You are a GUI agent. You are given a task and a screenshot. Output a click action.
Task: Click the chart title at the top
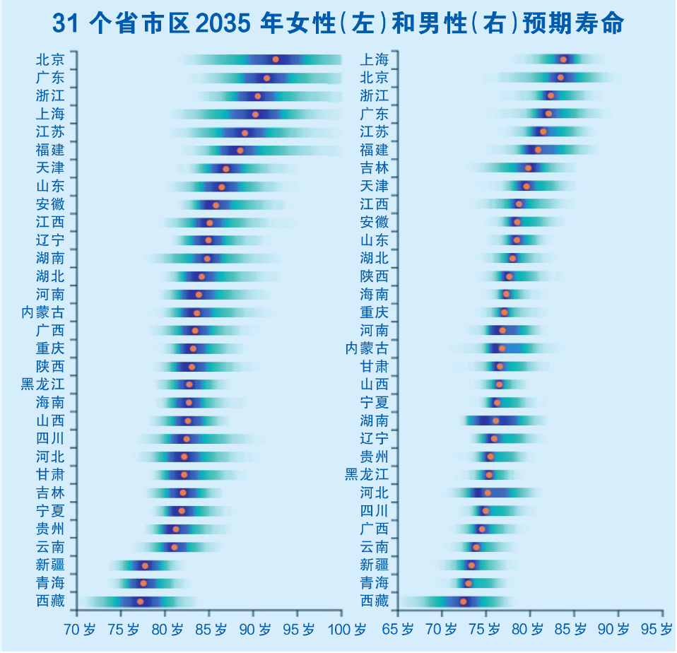click(x=338, y=23)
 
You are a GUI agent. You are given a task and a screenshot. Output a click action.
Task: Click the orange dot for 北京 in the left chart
click(x=276, y=59)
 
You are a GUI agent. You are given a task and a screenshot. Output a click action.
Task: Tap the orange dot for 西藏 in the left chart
click(x=140, y=601)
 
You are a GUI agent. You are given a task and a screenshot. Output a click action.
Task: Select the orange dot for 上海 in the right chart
click(x=563, y=59)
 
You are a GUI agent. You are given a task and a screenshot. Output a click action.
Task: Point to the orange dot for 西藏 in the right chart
click(x=464, y=601)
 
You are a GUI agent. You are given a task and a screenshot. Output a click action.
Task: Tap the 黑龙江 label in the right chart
click(x=367, y=474)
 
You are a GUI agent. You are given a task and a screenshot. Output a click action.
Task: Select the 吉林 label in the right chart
click(x=374, y=167)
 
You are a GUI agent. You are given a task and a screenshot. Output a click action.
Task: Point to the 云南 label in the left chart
click(x=50, y=547)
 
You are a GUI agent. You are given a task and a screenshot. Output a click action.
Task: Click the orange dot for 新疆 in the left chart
click(x=146, y=565)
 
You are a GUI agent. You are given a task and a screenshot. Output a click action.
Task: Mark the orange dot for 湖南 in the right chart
click(x=495, y=420)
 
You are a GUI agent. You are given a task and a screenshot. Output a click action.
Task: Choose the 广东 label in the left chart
click(x=50, y=78)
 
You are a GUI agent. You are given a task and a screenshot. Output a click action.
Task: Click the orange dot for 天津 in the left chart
click(x=226, y=169)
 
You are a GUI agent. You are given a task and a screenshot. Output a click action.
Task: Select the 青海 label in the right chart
click(x=374, y=583)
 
